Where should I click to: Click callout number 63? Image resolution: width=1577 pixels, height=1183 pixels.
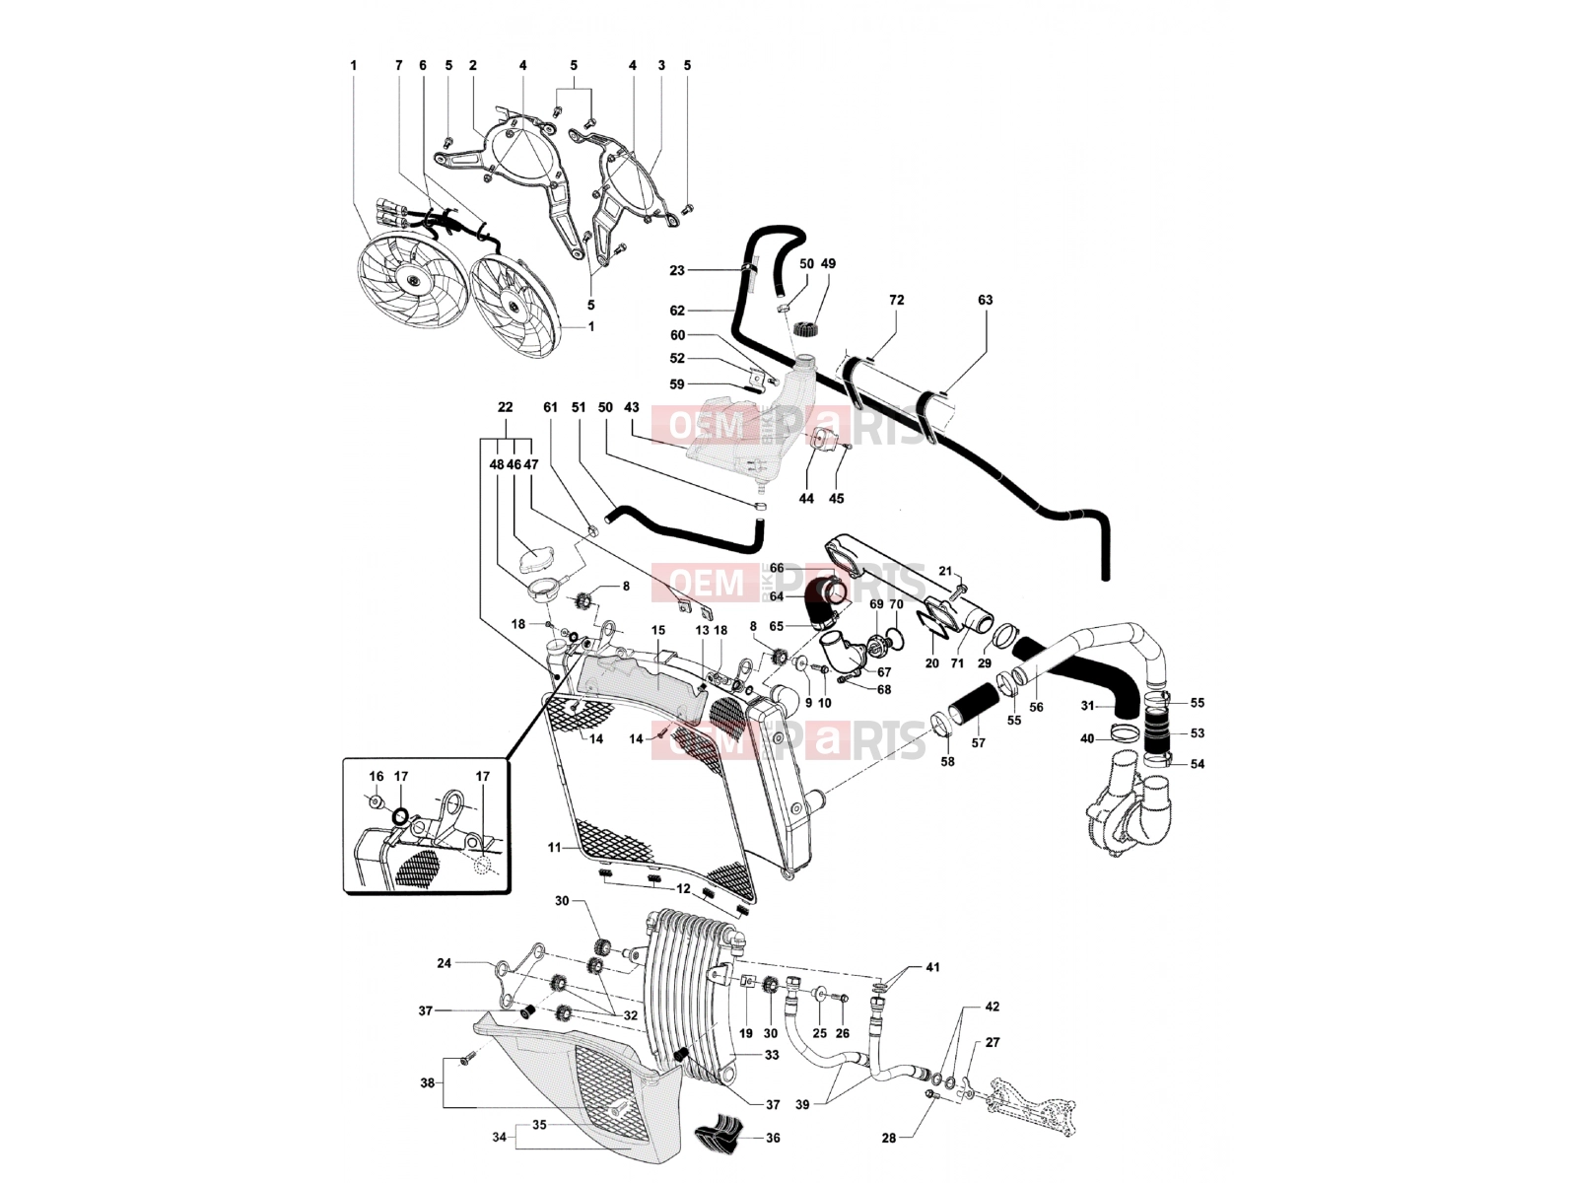985,300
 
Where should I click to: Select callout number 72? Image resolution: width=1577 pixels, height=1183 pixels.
897,300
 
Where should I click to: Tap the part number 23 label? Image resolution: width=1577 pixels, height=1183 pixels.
677,271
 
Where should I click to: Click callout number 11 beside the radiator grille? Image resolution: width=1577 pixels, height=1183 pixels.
554,848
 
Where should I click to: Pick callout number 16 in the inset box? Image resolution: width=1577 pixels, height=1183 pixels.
377,777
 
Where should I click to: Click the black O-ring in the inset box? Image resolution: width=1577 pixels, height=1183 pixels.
400,816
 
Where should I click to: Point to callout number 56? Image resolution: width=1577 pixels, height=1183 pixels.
1036,707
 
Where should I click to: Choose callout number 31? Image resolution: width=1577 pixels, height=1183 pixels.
1088,706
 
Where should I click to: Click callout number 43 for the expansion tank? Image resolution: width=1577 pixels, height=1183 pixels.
632,407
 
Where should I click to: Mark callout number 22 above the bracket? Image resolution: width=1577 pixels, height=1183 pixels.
505,407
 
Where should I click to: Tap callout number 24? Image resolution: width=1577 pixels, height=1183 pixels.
444,962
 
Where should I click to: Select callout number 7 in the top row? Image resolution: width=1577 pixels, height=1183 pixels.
399,65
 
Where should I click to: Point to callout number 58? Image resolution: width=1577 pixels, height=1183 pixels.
947,761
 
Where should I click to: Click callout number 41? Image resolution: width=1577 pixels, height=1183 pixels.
932,967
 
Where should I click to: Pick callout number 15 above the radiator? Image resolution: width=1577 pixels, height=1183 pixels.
658,630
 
